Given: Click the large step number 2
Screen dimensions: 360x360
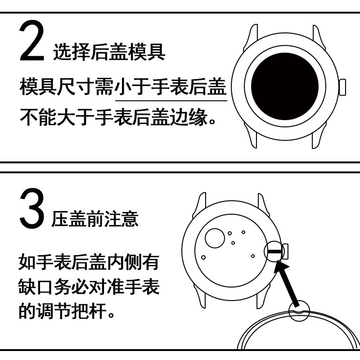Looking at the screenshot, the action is pos(31,41).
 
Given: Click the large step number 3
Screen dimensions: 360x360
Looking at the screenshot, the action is pos(31,208).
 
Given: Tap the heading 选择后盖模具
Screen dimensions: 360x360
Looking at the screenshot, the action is pos(109,52).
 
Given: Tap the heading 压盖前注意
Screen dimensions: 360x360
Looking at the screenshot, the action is pos(95,219).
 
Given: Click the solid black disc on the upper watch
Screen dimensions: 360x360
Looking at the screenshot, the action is pos(285,86).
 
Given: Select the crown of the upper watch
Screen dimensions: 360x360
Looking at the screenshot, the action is pos(342,87).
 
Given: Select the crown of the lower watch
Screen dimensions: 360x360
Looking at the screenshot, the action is pos(285,252).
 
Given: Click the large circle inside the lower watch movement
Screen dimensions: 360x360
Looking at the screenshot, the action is pos(215,238).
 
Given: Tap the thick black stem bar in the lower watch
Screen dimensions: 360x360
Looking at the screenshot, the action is pos(274,252).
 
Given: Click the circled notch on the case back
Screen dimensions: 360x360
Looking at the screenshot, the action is pos(299,311).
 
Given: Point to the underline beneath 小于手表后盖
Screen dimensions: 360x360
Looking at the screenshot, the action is pos(171,100).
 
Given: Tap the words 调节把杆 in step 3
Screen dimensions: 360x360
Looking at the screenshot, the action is pos(72,311).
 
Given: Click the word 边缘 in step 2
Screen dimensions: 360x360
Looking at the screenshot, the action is pos(188,117).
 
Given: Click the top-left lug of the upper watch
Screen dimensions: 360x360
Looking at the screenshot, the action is pos(250,37).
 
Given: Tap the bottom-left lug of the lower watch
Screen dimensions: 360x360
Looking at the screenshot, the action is pos(200,296).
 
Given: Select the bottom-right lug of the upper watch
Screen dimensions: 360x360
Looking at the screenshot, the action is pos(319,135).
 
